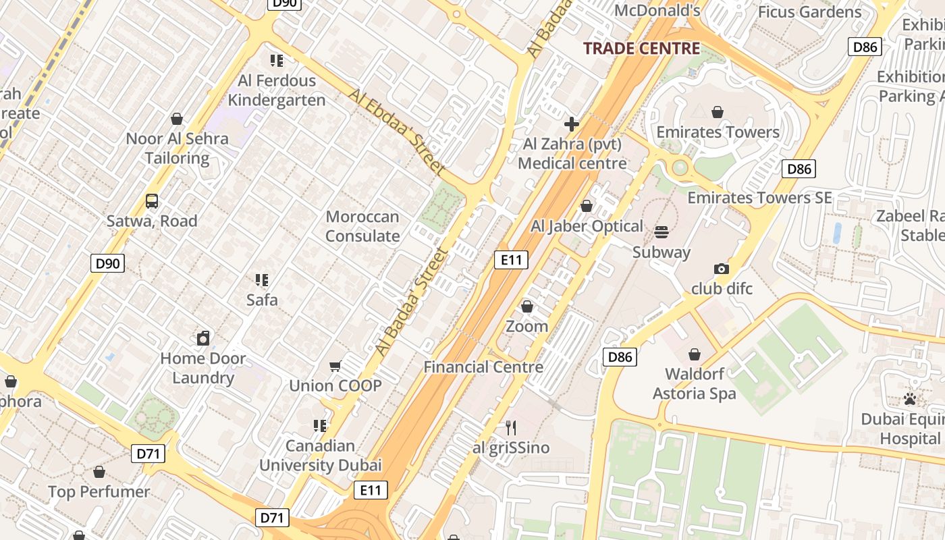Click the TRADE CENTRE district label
pyautogui.click(x=641, y=49)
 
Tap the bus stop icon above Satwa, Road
pyautogui.click(x=152, y=201)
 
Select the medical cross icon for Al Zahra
pyautogui.click(x=572, y=124)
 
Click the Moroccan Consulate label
pyautogui.click(x=362, y=226)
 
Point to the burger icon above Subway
pyautogui.click(x=661, y=232)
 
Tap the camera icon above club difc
pyautogui.click(x=722, y=269)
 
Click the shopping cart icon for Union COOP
pyautogui.click(x=335, y=367)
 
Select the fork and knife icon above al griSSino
pyautogui.click(x=511, y=428)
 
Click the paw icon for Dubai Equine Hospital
pyautogui.click(x=910, y=399)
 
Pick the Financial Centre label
pyautogui.click(x=483, y=367)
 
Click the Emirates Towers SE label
pyautogui.click(x=759, y=198)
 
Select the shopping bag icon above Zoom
pyautogui.click(x=527, y=307)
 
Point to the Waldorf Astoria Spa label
pyautogui.click(x=695, y=383)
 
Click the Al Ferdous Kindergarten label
pyautogui.click(x=277, y=90)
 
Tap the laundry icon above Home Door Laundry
pyautogui.click(x=203, y=338)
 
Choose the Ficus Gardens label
pyautogui.click(x=810, y=12)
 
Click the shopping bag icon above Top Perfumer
pyautogui.click(x=99, y=472)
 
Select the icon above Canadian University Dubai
pyautogui.click(x=320, y=426)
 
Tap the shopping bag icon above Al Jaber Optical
pyautogui.click(x=587, y=206)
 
